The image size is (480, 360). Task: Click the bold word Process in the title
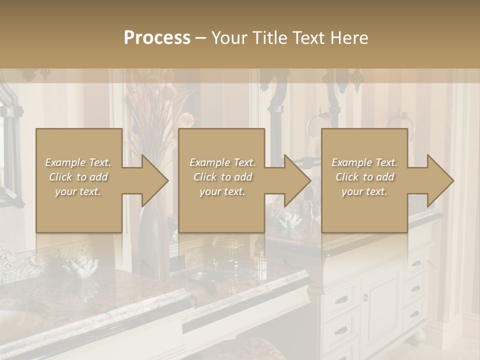157,38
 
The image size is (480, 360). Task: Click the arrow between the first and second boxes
145,180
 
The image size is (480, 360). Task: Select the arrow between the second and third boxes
288,180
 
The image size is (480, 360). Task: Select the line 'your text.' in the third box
364,191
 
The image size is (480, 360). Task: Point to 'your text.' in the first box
78,191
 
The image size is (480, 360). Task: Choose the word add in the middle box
242,177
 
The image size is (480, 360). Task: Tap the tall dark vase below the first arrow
154,242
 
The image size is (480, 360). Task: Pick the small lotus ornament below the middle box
290,220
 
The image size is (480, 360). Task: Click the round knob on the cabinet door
365,297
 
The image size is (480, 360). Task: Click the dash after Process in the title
201,38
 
